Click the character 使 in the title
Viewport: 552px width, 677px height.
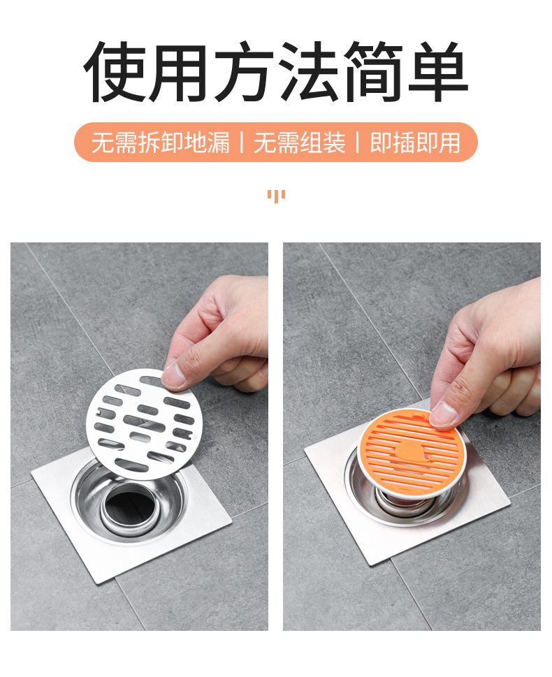pos(115,72)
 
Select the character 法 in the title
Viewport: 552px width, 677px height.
pos(308,72)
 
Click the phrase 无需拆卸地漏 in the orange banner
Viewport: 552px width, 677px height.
pos(161,143)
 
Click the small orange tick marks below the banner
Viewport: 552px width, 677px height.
pos(276,195)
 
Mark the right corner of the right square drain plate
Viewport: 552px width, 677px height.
pos(509,500)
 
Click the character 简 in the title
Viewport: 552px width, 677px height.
pos(372,72)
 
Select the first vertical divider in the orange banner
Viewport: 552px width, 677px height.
pos(242,143)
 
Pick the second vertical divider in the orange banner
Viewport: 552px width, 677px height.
pos(358,143)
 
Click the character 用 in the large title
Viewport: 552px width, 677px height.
pos(180,72)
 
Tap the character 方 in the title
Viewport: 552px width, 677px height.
pos(244,72)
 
